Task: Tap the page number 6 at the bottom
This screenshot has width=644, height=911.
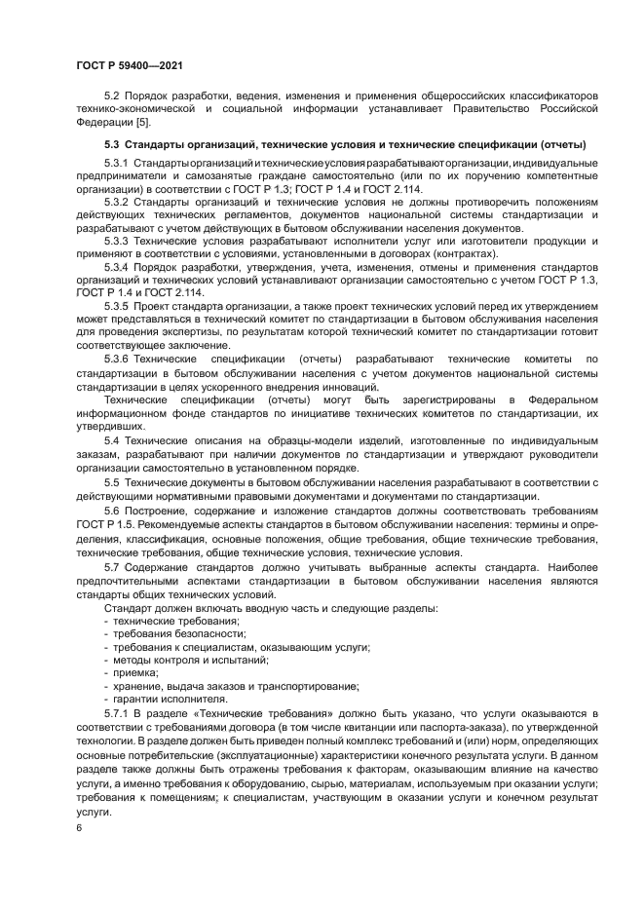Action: pos(79,826)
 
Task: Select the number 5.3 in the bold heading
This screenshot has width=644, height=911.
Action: pos(112,144)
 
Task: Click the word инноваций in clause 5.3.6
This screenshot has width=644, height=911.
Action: pos(349,385)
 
